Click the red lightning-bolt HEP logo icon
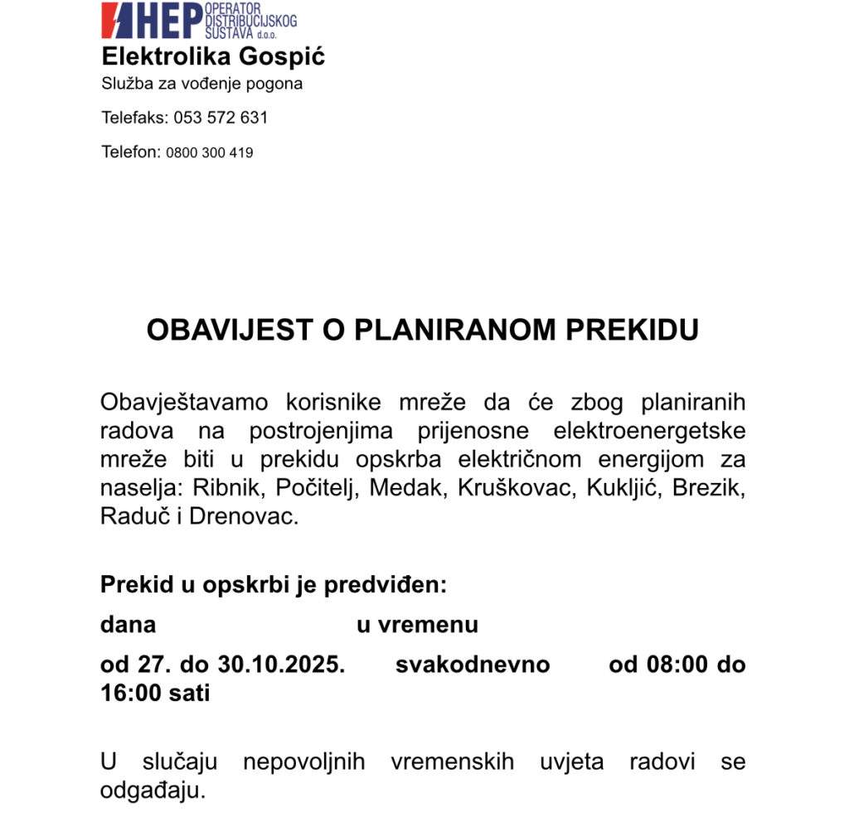click(x=117, y=20)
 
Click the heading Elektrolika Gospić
click(x=213, y=57)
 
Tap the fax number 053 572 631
click(x=221, y=118)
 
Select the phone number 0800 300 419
click(x=210, y=152)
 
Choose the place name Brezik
click(x=709, y=488)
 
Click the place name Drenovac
click(x=243, y=516)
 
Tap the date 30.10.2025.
click(x=281, y=665)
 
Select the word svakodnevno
click(x=473, y=665)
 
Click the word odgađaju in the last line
click(x=152, y=790)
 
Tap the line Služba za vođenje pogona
click(x=202, y=84)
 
